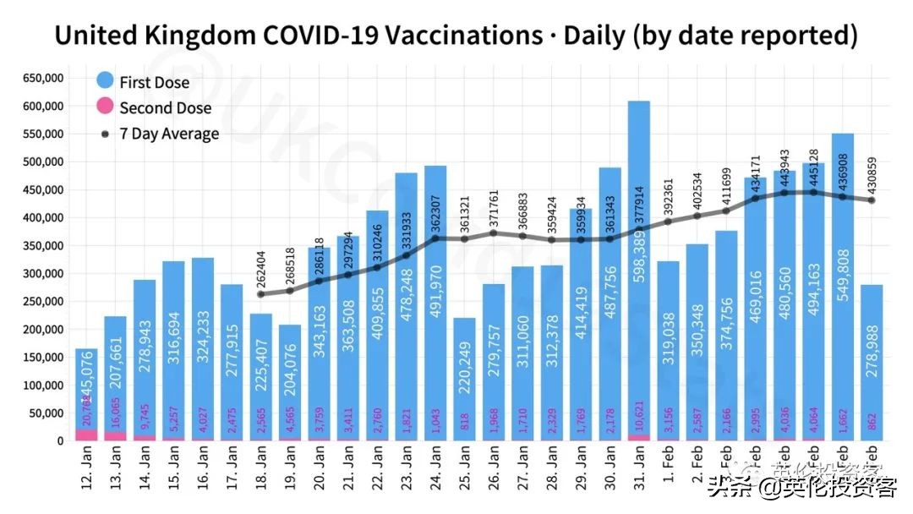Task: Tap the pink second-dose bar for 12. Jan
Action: (86, 435)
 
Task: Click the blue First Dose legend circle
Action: (105, 81)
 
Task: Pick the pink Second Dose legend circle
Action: (105, 107)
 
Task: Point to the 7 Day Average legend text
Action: (169, 134)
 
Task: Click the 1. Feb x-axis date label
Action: (668, 478)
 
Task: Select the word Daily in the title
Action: (595, 36)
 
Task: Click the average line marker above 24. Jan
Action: (435, 238)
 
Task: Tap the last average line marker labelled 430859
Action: (872, 200)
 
